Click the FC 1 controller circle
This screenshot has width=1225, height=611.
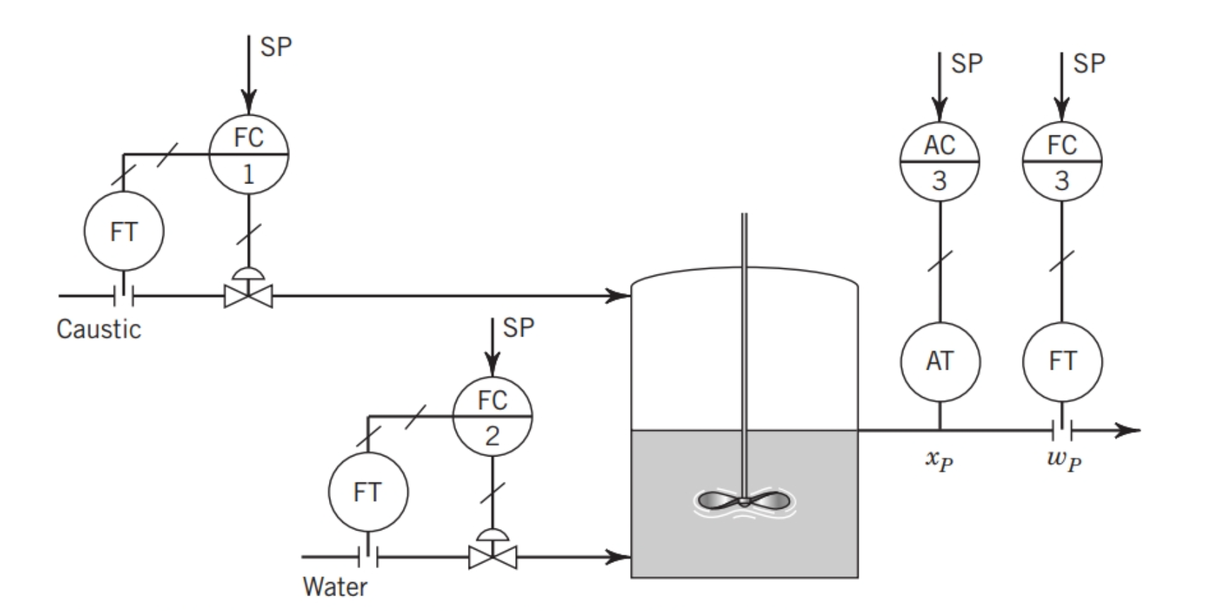pyautogui.click(x=248, y=154)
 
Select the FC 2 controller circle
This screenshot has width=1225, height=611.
pyautogui.click(x=492, y=417)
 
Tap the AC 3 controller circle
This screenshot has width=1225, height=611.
pyautogui.click(x=939, y=162)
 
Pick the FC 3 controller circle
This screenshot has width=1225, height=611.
pyautogui.click(x=1062, y=162)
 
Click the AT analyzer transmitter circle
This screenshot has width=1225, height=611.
pyautogui.click(x=939, y=362)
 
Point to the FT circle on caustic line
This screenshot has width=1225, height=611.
pyautogui.click(x=123, y=231)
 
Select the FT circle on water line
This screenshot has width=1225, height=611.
pyautogui.click(x=368, y=492)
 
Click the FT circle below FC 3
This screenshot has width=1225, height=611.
pyautogui.click(x=1062, y=362)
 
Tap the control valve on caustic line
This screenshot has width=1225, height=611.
pyautogui.click(x=248, y=295)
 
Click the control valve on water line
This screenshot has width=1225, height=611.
pyautogui.click(x=492, y=557)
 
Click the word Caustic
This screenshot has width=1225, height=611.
pyautogui.click(x=99, y=329)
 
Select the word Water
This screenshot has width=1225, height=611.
pyautogui.click(x=334, y=587)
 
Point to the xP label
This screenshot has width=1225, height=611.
pyautogui.click(x=939, y=460)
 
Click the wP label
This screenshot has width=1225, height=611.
pyautogui.click(x=1063, y=460)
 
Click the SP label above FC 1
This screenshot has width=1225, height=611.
pyautogui.click(x=275, y=47)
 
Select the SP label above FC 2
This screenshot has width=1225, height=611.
pyautogui.click(x=519, y=328)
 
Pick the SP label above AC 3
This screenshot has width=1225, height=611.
pyautogui.click(x=966, y=64)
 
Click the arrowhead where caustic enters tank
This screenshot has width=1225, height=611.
pyautogui.click(x=621, y=296)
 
